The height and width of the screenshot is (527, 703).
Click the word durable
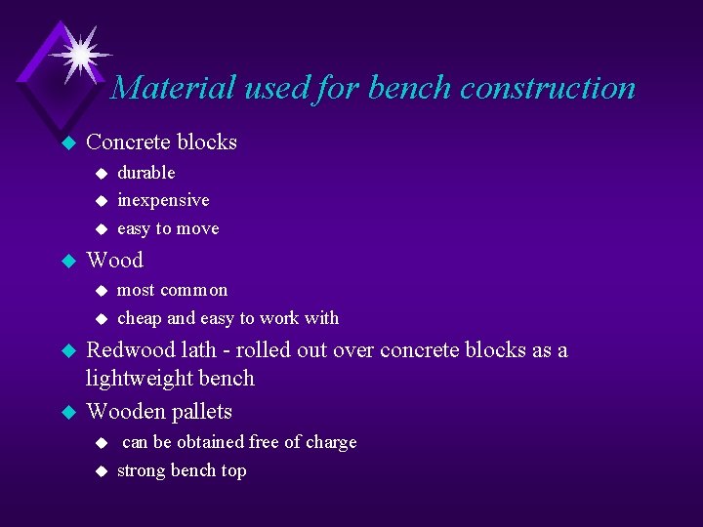click(145, 173)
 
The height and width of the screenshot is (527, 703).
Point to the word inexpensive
click(163, 200)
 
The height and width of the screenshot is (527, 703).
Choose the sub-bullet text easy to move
click(168, 228)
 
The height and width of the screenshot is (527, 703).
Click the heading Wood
click(114, 260)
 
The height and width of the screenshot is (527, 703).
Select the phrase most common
click(172, 290)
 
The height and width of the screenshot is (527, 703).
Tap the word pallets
click(200, 411)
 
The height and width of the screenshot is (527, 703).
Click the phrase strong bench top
click(182, 470)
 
